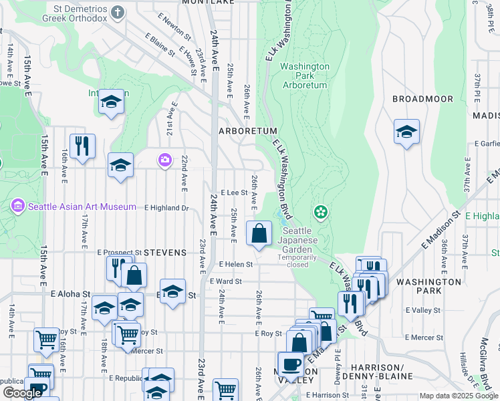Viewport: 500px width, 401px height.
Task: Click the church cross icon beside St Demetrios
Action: (x=118, y=12)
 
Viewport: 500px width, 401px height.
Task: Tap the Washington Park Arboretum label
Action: (x=304, y=76)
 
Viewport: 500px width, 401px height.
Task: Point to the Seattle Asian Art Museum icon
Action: (x=17, y=207)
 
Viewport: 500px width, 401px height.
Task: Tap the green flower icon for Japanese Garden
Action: (x=321, y=213)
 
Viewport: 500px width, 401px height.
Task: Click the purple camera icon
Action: (x=164, y=160)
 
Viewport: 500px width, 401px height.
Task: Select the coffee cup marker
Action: (x=290, y=364)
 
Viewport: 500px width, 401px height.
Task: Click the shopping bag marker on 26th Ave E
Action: (x=259, y=234)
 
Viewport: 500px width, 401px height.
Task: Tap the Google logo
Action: (x=23, y=393)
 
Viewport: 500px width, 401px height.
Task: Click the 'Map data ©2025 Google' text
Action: (x=459, y=396)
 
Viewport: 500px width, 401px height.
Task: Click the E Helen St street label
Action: (x=235, y=265)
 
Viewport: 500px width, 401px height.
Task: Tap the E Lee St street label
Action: (x=234, y=192)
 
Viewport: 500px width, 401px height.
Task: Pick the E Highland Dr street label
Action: (x=166, y=208)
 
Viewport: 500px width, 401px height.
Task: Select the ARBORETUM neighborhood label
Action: (x=238, y=132)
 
